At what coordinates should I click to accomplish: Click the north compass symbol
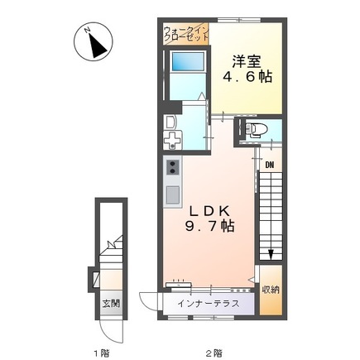click(94, 41)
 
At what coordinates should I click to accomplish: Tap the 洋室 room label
click(247, 61)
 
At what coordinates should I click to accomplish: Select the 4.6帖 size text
click(247, 77)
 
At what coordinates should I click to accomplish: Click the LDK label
click(209, 212)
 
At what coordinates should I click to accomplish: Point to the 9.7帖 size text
click(209, 226)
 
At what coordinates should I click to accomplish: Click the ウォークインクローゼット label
click(186, 34)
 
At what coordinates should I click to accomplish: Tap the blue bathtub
click(188, 61)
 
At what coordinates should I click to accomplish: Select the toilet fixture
click(257, 129)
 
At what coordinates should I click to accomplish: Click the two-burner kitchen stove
click(173, 167)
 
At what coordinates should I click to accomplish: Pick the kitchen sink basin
click(173, 194)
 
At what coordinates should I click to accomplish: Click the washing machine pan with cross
click(172, 140)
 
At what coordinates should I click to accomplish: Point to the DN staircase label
click(270, 165)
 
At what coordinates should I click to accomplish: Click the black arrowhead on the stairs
click(271, 255)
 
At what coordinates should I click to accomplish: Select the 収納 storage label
click(271, 290)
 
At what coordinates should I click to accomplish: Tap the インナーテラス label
click(209, 304)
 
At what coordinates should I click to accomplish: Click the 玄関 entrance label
click(111, 304)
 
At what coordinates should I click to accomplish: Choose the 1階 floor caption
click(100, 353)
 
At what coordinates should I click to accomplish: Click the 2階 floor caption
click(215, 353)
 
